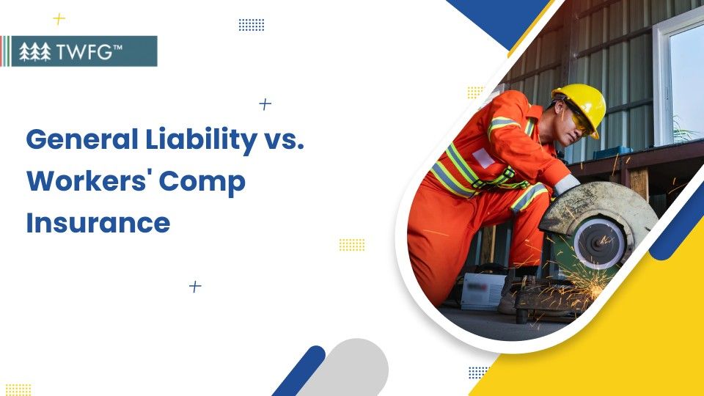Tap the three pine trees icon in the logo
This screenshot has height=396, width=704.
(34, 51)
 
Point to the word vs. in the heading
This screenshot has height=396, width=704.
(282, 140)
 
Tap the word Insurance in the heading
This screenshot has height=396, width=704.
(98, 222)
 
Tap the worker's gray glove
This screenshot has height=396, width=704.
(566, 184)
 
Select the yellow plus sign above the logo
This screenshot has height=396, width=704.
(59, 19)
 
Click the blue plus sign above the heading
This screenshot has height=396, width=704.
(265, 104)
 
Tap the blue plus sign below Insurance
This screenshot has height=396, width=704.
(195, 286)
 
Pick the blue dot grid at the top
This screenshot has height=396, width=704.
(252, 25)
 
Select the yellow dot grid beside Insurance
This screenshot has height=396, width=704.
(352, 244)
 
